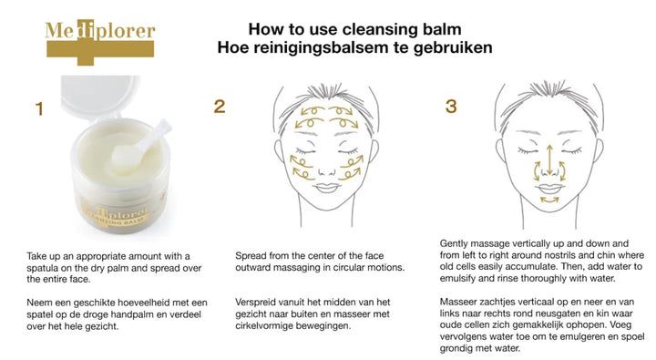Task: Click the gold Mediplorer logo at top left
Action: [x=100, y=42]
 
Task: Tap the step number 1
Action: [x=39, y=108]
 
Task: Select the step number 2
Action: [x=220, y=107]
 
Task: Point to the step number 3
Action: [x=451, y=107]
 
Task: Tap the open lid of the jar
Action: [x=100, y=98]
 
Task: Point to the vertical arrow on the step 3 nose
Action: [x=549, y=159]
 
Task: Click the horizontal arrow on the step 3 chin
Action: [x=549, y=201]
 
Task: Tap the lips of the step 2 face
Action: [x=327, y=188]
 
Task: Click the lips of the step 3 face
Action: [x=549, y=189]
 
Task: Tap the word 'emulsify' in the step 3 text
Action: [x=457, y=278]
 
